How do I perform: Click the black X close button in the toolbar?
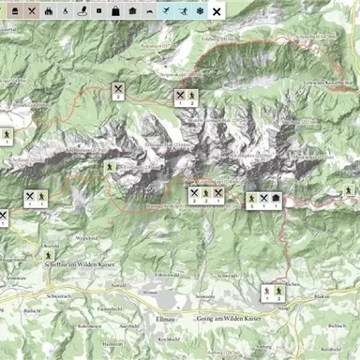click(217, 11)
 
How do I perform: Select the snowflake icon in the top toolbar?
click(199, 11)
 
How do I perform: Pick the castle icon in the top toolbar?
click(47, 11)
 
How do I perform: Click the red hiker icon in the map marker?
click(266, 292)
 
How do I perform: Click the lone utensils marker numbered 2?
click(119, 89)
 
